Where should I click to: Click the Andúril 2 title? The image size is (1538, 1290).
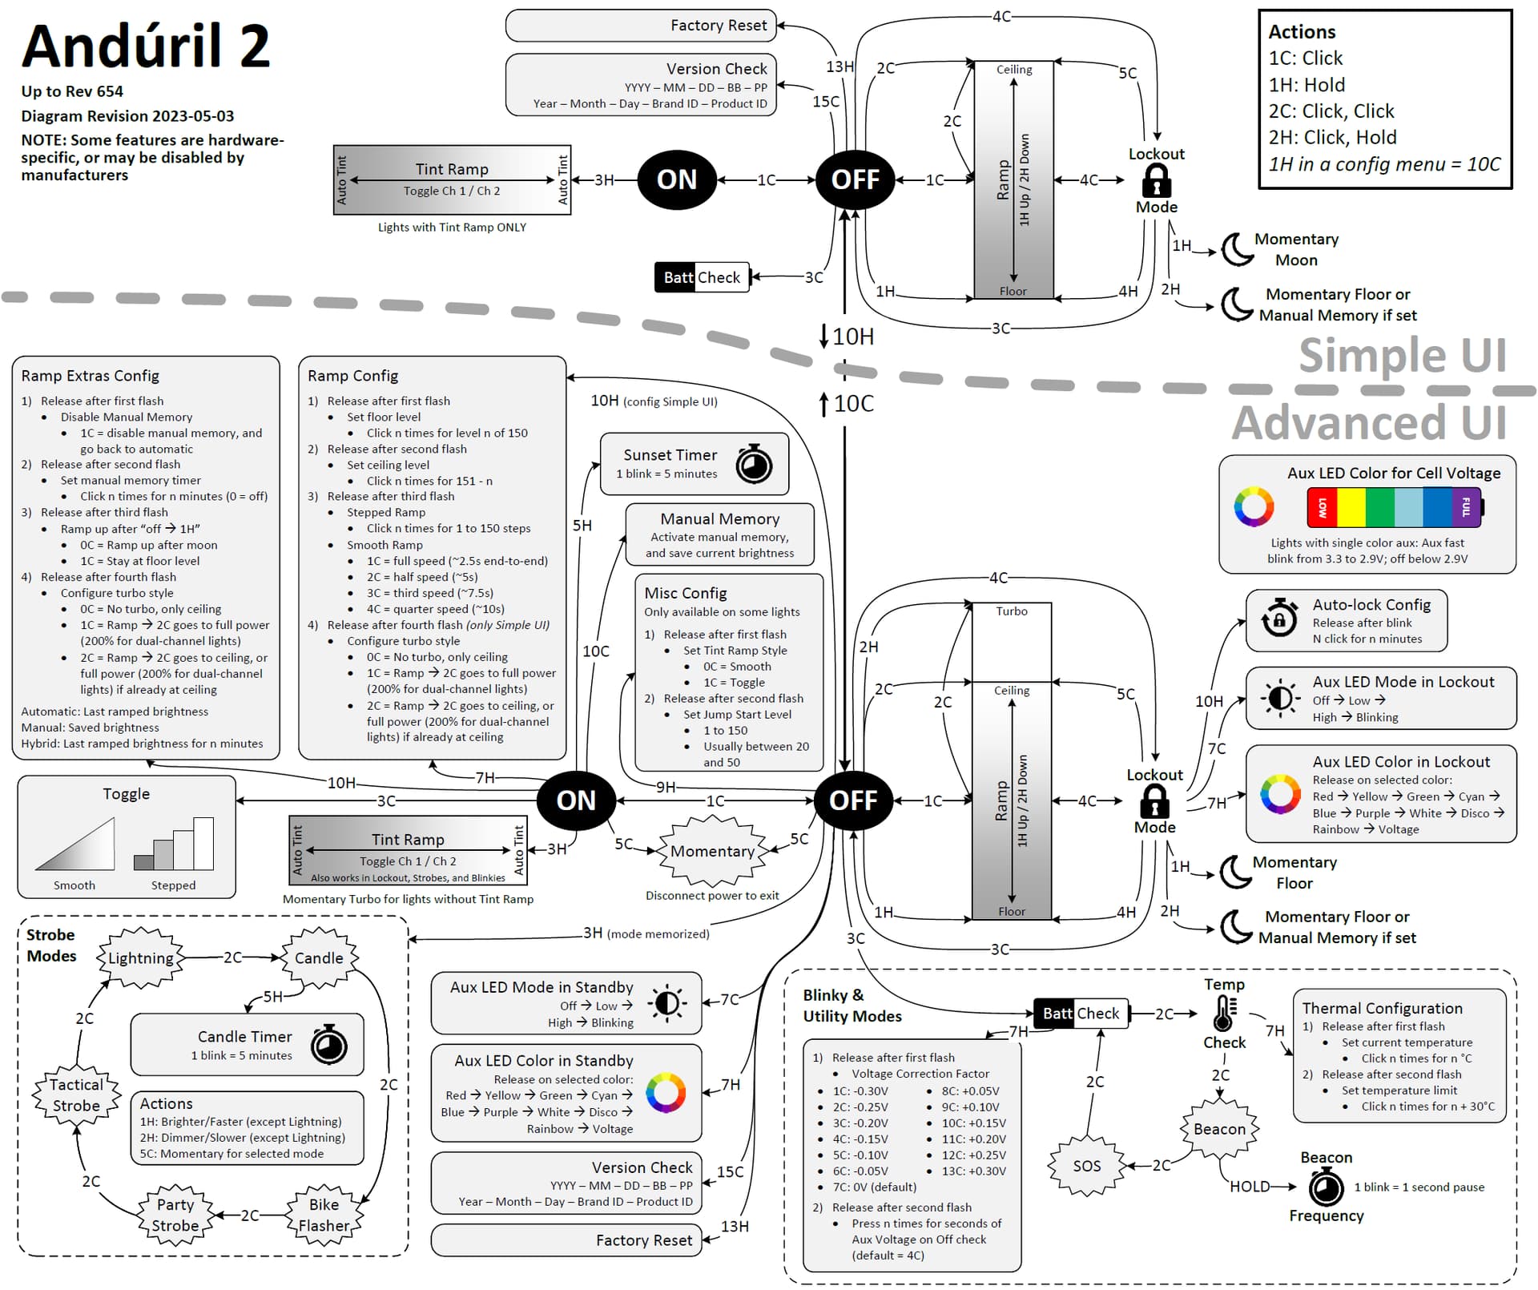(x=146, y=46)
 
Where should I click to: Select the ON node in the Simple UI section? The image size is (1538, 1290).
(x=677, y=179)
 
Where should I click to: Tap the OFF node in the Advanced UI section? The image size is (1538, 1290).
(x=853, y=800)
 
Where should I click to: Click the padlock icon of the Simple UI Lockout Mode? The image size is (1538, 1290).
(x=1156, y=180)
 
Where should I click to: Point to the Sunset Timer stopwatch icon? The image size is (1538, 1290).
(x=754, y=464)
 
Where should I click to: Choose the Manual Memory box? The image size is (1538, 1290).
(x=719, y=534)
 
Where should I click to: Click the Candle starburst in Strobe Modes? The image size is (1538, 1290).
(x=319, y=957)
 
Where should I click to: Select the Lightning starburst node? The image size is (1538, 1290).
(x=141, y=957)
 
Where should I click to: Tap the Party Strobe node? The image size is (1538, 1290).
(x=175, y=1215)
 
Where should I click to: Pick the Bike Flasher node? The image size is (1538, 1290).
(x=324, y=1215)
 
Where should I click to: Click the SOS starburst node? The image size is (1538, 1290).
(x=1086, y=1166)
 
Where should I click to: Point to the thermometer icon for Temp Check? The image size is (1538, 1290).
(x=1223, y=1014)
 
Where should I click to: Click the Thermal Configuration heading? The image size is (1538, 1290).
(x=1382, y=1008)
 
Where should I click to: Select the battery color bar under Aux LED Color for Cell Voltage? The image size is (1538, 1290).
(x=1394, y=507)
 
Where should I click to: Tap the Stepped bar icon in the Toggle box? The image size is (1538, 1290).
(x=174, y=845)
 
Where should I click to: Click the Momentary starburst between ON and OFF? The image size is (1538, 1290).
(x=712, y=851)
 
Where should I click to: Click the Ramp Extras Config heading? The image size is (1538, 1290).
(x=91, y=376)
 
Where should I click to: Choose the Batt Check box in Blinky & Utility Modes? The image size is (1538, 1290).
(x=1081, y=1014)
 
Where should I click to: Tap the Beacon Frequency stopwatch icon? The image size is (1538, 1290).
(x=1326, y=1187)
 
